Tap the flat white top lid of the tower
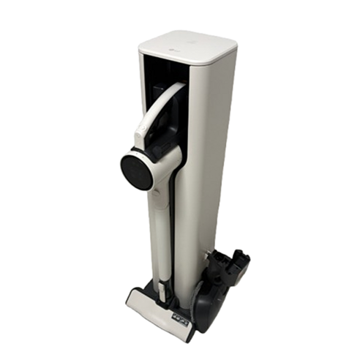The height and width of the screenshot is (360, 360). [x=189, y=45]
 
